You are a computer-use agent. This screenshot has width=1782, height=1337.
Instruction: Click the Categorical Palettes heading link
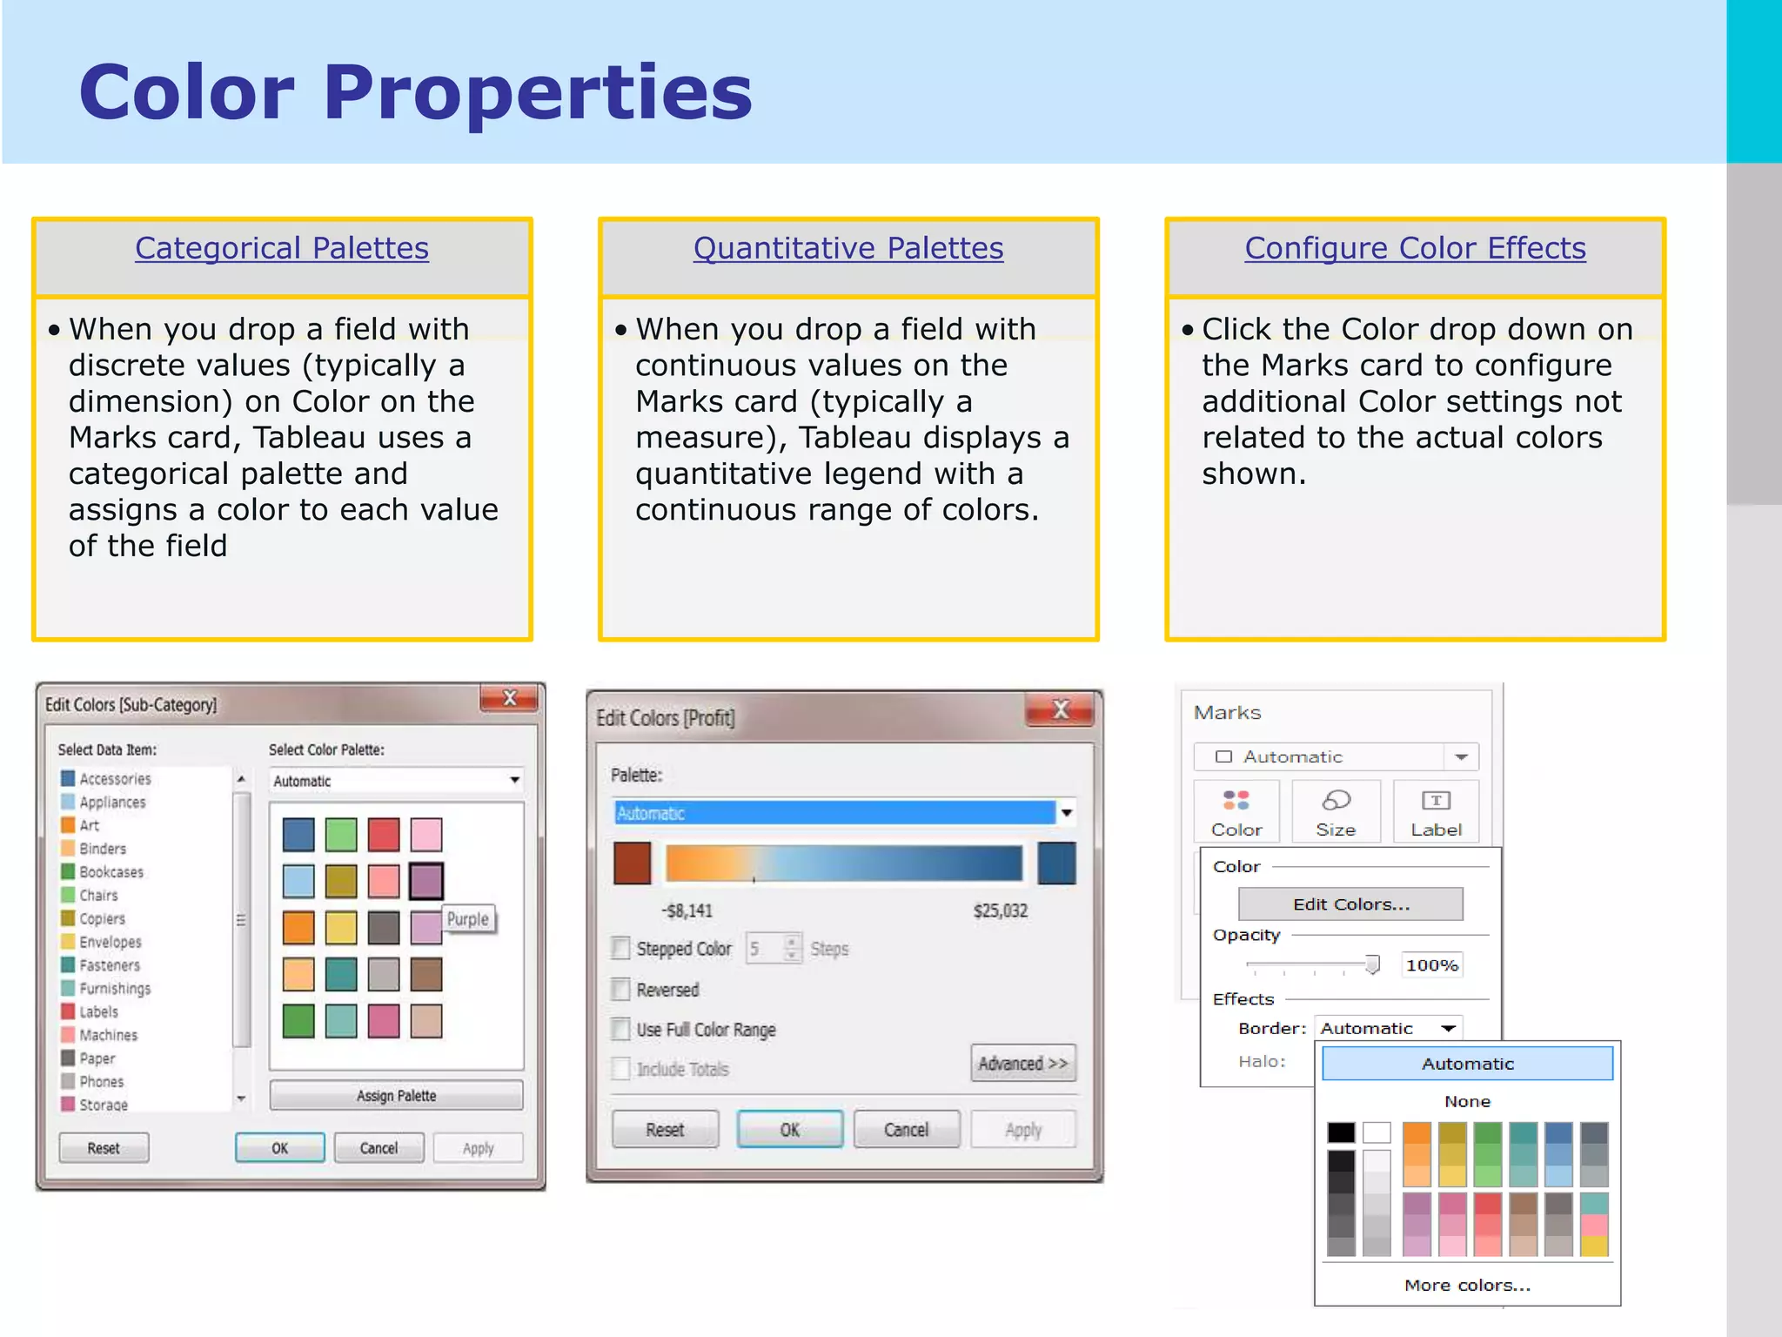[281, 249]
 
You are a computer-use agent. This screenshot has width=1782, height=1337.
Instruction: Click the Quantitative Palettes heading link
[847, 249]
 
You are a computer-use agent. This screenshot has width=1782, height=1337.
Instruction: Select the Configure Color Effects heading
[1415, 249]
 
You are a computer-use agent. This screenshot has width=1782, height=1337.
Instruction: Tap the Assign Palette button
[396, 1095]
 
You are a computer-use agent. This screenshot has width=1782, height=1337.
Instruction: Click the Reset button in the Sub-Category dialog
[104, 1148]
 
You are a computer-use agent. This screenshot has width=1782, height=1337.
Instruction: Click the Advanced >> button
[1022, 1063]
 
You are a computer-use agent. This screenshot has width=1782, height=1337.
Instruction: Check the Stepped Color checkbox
[620, 948]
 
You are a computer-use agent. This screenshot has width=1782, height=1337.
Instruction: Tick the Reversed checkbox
[620, 989]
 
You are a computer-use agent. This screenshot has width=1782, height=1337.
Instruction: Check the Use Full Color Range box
[620, 1029]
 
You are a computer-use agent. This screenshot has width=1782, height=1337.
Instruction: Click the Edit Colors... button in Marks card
[1350, 904]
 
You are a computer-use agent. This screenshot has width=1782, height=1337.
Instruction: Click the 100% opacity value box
[1431, 964]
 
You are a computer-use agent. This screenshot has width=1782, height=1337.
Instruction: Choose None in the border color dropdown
[1467, 1101]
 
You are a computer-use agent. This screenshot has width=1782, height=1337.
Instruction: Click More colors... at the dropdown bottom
[1467, 1285]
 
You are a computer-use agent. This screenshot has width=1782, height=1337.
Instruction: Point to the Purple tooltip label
[468, 919]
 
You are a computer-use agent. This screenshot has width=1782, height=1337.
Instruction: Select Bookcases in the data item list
[111, 871]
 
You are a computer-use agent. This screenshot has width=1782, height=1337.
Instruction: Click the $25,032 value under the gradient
[1000, 910]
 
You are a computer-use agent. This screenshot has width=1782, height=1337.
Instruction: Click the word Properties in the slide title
[537, 92]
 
